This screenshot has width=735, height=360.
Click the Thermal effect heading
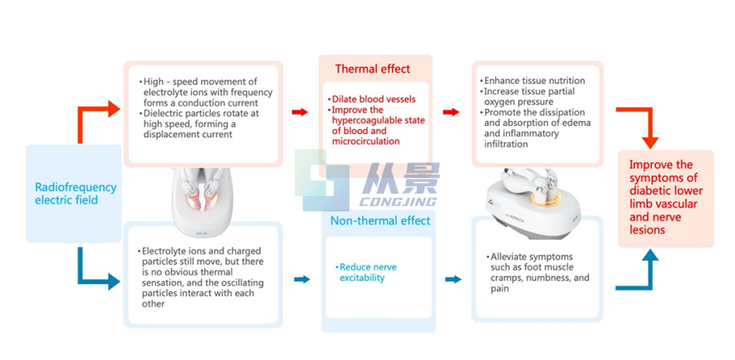pos(372,69)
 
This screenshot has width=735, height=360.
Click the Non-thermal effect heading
pos(375,221)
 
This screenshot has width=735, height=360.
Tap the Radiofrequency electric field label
pos(75,193)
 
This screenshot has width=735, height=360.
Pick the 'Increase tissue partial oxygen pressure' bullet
pos(533,97)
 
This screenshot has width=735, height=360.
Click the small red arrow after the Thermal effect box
pos(450,111)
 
